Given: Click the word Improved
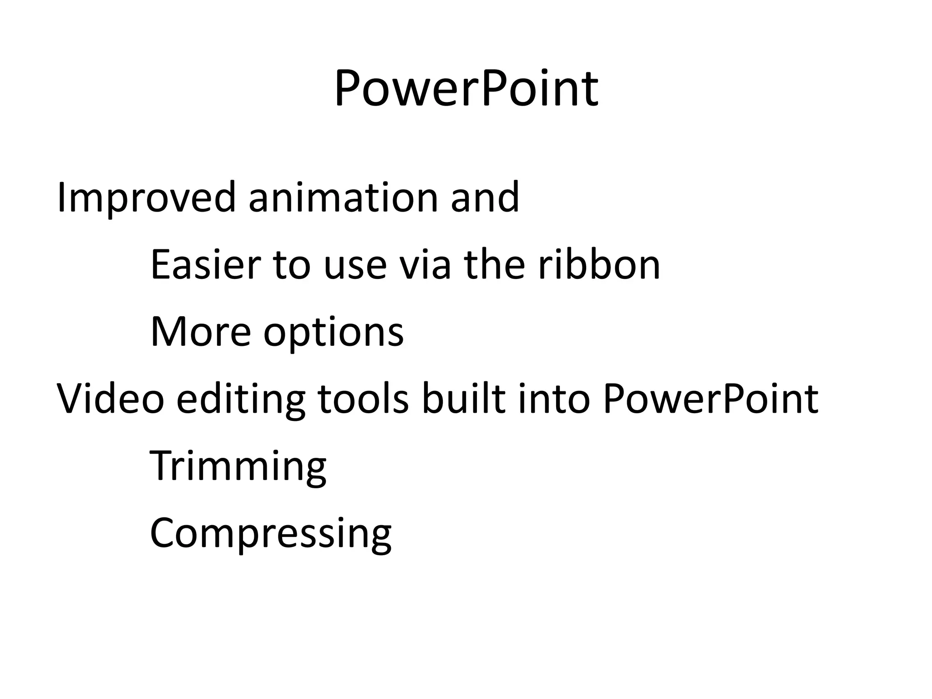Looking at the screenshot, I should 146,198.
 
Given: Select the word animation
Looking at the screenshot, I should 343,198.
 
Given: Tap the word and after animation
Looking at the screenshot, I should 485,198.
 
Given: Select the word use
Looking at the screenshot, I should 355,265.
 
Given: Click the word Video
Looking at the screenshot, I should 110,399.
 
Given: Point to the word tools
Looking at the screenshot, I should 363,399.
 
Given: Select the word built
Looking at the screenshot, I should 463,399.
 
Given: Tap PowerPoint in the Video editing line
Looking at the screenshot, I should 710,399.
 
